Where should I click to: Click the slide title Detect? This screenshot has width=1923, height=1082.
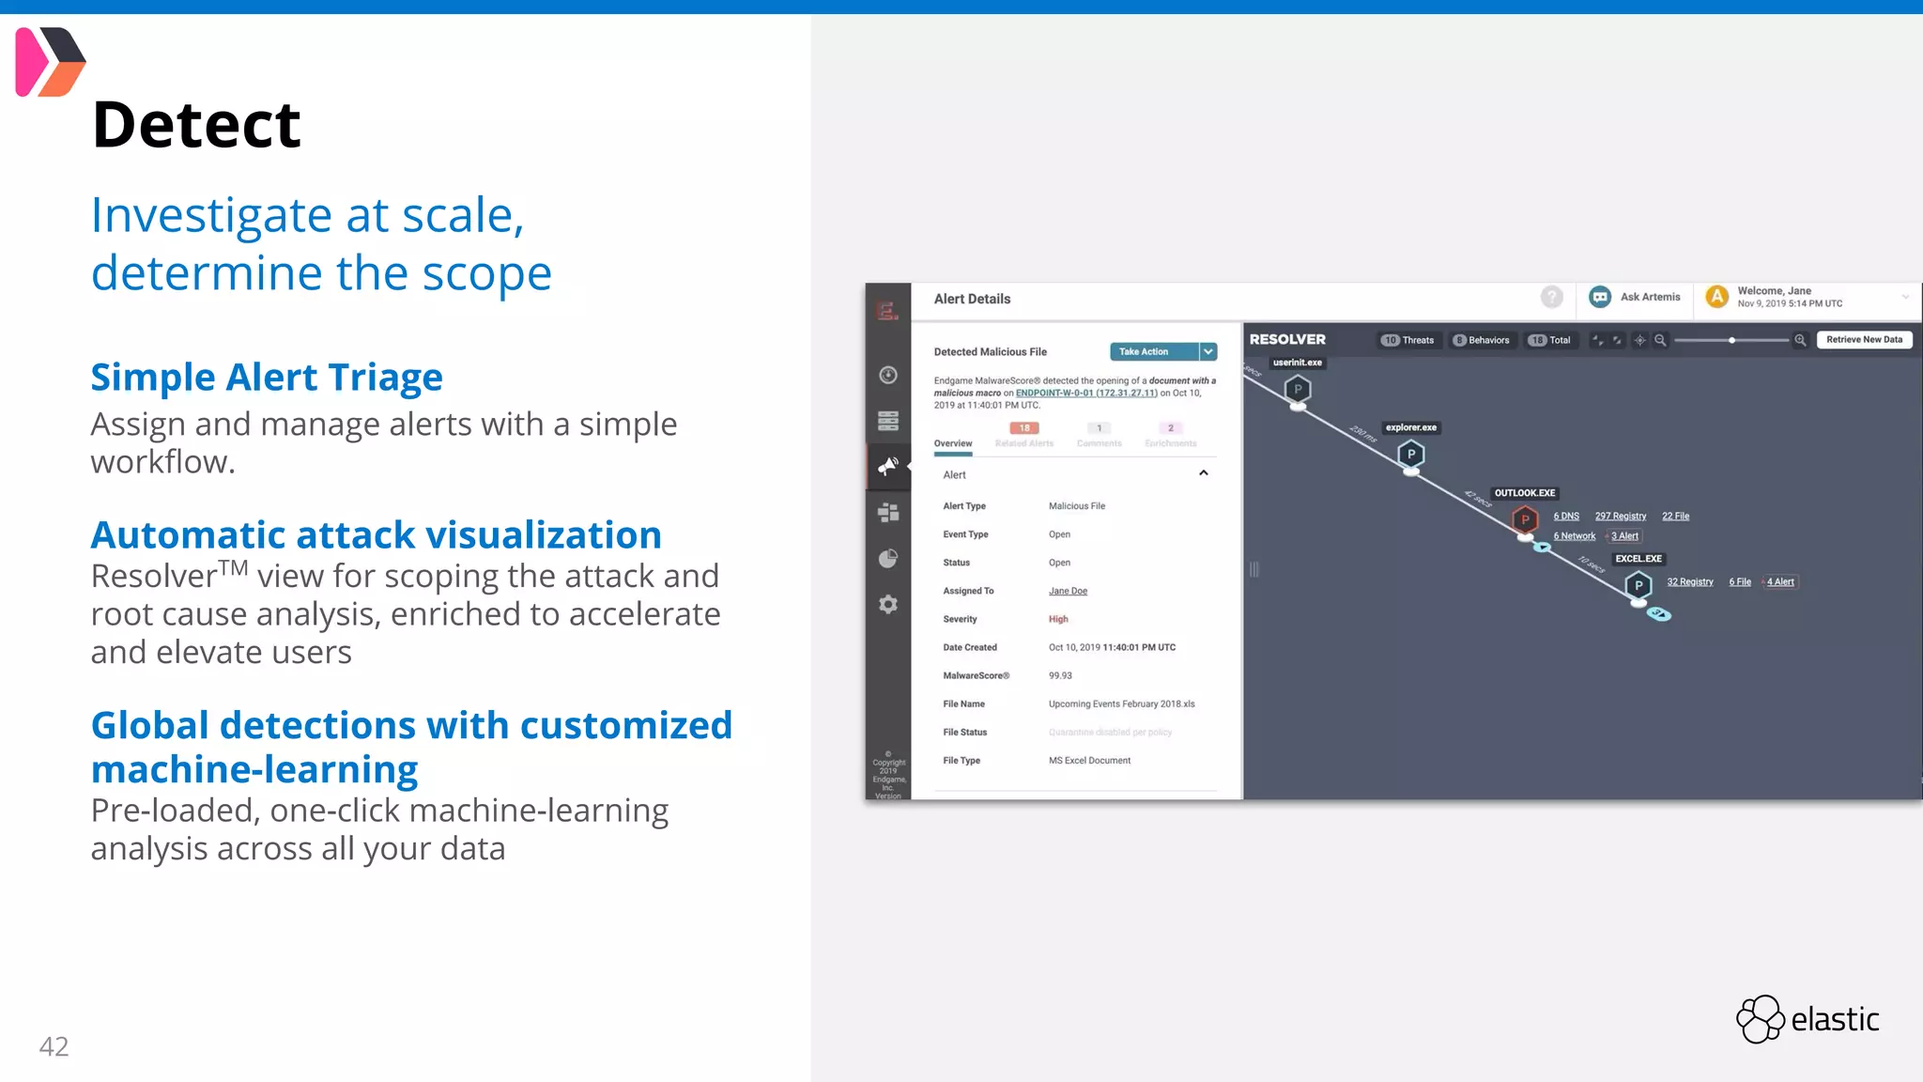196,125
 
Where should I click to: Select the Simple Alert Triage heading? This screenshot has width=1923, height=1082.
267,378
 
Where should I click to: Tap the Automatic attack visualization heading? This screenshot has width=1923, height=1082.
376,535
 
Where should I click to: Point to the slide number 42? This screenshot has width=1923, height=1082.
54,1046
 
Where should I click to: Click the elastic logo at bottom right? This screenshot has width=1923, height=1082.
1808,1019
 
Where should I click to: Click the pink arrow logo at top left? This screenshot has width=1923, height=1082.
50,62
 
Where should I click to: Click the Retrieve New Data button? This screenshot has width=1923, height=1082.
1864,340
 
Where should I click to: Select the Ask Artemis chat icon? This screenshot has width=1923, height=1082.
1600,297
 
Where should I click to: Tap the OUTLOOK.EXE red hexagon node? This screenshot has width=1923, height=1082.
1525,519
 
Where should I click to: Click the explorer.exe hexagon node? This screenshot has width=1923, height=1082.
1410,455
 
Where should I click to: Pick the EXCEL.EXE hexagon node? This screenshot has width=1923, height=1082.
1638,586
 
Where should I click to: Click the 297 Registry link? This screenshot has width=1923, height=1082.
1621,517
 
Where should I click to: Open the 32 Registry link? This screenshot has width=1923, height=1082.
1690,582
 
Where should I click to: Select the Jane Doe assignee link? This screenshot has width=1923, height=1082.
1068,592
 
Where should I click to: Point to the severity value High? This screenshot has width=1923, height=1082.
1058,620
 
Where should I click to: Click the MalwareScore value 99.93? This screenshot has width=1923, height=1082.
1060,676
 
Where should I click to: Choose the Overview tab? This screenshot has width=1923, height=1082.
953,443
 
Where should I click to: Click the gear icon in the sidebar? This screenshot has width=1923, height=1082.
888,604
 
